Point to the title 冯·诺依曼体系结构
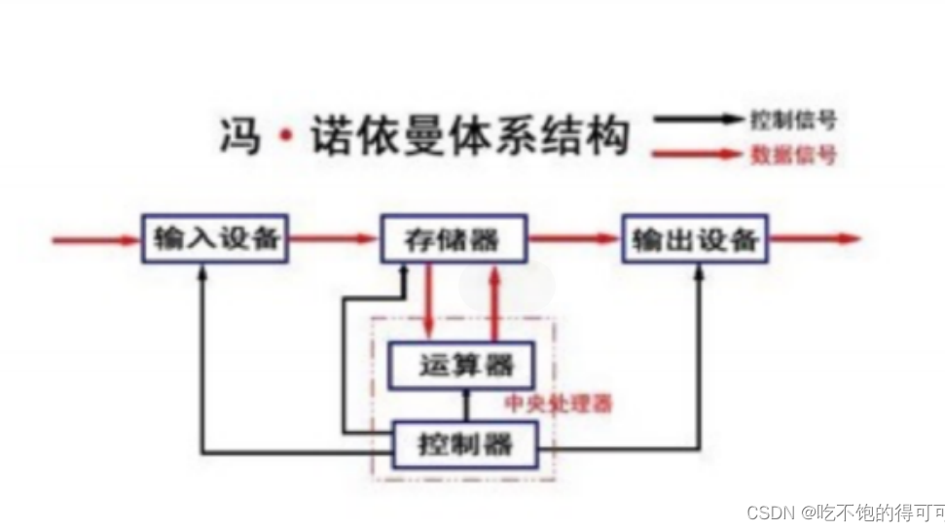422,137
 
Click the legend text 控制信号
793,121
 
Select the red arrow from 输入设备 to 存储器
334,239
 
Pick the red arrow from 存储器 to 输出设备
574,239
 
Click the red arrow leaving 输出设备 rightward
814,239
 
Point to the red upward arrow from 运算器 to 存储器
496,301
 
